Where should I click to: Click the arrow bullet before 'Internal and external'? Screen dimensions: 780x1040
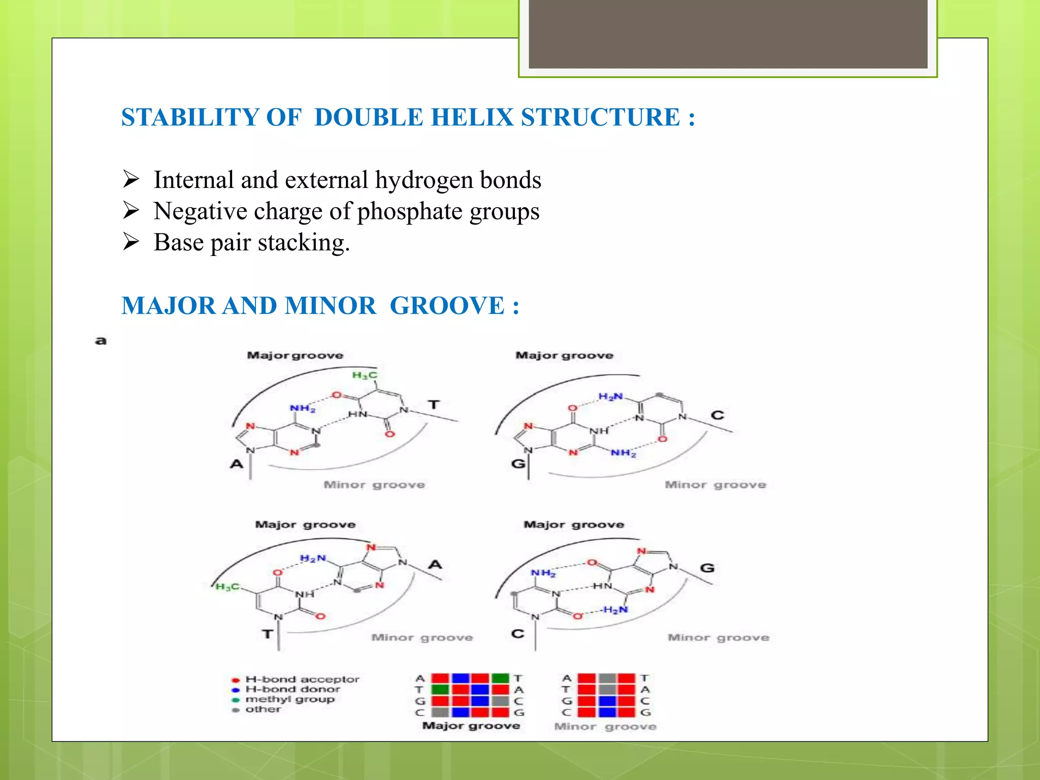coord(131,179)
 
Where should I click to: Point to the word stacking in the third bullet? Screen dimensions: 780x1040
coord(303,243)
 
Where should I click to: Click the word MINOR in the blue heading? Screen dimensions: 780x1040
coord(330,306)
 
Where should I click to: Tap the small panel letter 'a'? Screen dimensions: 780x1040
coord(101,341)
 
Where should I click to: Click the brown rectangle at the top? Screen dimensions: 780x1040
coord(728,34)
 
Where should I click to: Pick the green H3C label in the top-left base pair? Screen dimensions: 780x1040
coord(365,375)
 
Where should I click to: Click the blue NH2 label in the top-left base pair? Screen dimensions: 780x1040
coord(303,408)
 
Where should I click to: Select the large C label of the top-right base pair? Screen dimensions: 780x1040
coord(717,415)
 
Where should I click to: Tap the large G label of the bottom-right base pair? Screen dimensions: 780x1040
coord(707,568)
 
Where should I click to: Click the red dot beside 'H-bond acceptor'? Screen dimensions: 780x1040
coord(236,680)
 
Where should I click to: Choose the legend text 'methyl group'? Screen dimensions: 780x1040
coord(290,699)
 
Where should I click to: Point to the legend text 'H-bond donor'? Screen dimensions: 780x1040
coord(292,689)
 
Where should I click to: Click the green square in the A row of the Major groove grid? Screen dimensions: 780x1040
coord(500,678)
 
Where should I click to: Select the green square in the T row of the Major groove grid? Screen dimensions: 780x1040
coord(440,690)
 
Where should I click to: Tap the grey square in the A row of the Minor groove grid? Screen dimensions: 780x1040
coord(607,678)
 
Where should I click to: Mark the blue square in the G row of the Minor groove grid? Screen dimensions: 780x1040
coord(607,701)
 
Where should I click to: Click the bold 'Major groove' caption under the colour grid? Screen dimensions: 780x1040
coord(471,726)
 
